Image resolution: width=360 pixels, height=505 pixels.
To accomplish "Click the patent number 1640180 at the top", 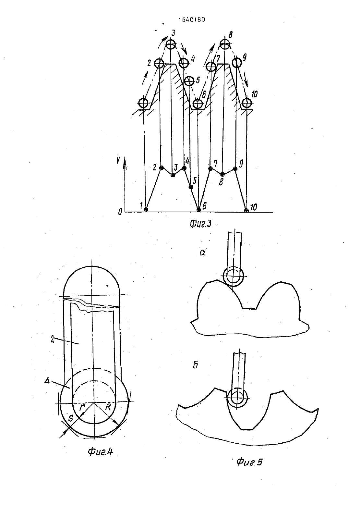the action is [x=192, y=20].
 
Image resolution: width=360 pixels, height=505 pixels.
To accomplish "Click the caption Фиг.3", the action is [x=200, y=224].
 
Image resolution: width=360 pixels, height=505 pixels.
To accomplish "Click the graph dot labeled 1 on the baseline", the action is [x=146, y=209].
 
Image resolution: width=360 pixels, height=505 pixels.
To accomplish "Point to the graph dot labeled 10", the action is [x=246, y=210].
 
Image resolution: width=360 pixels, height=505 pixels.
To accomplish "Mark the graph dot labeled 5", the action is [x=191, y=187].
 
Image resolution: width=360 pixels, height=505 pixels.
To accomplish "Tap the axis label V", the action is [x=118, y=160].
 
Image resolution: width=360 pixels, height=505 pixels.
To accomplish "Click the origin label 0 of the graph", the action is [x=120, y=211].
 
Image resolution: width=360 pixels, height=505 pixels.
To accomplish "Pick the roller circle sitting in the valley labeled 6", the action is [x=198, y=104].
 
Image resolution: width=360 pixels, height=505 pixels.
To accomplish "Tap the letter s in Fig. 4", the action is [x=71, y=419].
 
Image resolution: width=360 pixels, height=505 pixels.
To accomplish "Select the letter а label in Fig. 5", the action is [x=202, y=253].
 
